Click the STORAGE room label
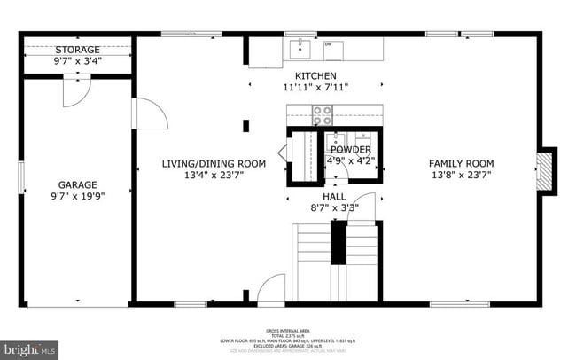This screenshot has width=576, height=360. pos(78,50)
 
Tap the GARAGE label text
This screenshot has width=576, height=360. pos(78,184)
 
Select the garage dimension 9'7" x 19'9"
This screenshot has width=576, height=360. pos(78,196)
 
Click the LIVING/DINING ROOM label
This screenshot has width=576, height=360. pos(214,163)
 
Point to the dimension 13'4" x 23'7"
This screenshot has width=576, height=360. pos(214,175)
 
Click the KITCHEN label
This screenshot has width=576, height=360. pos(315,75)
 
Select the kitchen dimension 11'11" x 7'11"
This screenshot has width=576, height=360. pos(315,87)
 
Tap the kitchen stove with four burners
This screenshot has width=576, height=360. pos(321,115)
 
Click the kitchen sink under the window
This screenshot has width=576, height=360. pos(300,45)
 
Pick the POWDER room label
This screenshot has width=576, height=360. pos(351,150)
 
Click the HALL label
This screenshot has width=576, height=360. pos(335,195)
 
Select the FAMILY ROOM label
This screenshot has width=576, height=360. pos(461,163)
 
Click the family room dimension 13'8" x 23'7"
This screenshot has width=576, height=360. pos(461,175)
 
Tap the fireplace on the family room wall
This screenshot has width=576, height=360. pos(546,169)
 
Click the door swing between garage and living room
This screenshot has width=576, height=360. pos(146,113)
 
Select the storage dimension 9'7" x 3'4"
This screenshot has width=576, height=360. pos(78,61)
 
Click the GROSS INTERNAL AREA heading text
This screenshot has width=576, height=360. pos(287,328)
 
